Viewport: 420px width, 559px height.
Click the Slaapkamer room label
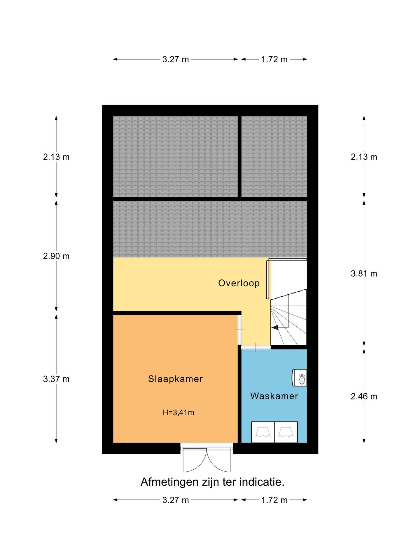(175, 379)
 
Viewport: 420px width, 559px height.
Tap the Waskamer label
(274, 396)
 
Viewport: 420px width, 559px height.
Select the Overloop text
(239, 283)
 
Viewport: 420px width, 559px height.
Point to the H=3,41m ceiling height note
(178, 412)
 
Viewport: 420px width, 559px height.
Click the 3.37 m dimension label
(56, 379)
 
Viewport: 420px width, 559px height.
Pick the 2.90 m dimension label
(56, 256)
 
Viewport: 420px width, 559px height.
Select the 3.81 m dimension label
(364, 274)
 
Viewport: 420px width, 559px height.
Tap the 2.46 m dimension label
(364, 397)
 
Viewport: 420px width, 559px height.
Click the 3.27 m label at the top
(176, 59)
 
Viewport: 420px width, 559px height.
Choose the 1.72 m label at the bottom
(274, 500)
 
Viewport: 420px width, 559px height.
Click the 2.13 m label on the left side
(56, 157)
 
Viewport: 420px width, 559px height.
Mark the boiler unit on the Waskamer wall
(300, 378)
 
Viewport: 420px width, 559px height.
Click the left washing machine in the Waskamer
(263, 432)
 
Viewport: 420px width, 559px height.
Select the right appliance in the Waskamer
(286, 432)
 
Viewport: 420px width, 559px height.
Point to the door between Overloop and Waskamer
(256, 347)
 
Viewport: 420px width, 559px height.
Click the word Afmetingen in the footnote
(169, 482)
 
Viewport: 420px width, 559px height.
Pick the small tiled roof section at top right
(274, 157)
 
